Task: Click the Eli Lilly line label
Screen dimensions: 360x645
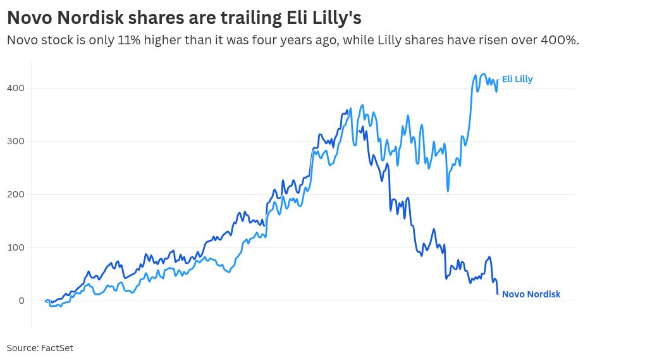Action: click(x=517, y=79)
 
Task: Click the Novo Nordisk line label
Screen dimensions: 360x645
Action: click(x=531, y=294)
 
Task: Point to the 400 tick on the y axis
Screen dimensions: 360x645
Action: click(x=16, y=88)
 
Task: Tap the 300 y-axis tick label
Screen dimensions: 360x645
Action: click(x=16, y=141)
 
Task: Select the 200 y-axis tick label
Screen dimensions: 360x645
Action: click(x=16, y=194)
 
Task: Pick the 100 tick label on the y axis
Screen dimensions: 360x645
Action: click(x=16, y=247)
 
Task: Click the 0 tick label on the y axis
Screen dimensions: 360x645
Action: click(x=21, y=301)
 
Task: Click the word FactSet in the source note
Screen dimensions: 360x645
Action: click(x=57, y=348)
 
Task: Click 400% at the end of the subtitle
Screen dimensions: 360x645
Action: click(x=559, y=40)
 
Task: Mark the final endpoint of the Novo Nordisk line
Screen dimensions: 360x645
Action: click(x=498, y=294)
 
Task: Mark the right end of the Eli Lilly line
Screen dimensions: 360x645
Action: click(x=498, y=78)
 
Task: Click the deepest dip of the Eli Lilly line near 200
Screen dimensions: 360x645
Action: click(x=448, y=191)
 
